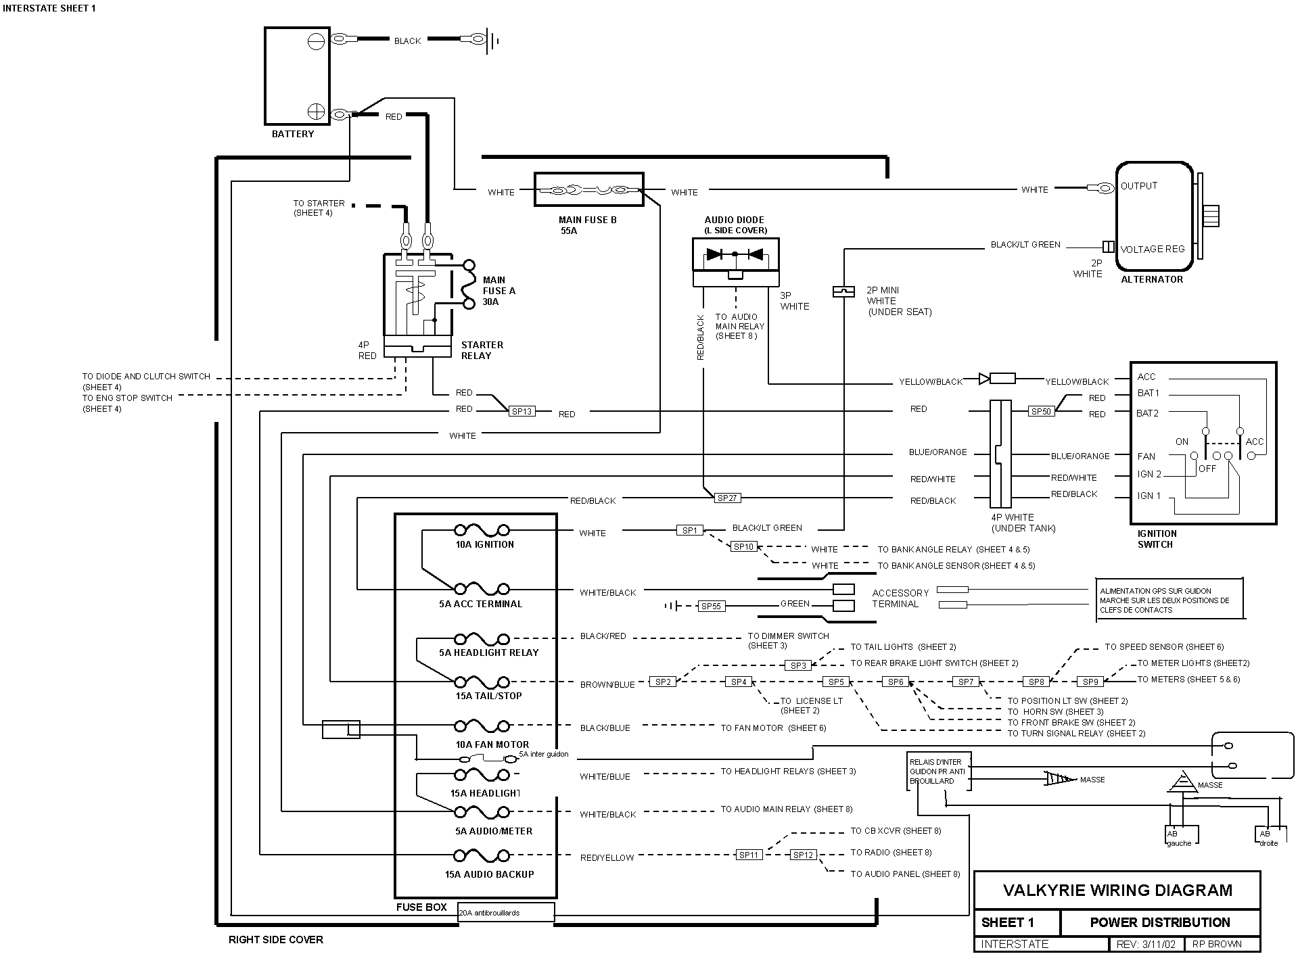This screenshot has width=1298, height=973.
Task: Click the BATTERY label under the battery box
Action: [x=293, y=134]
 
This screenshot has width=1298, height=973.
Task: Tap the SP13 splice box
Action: [x=521, y=411]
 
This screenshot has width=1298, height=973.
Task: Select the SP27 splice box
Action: [x=727, y=498]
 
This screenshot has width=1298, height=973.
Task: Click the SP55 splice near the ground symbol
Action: [x=711, y=607]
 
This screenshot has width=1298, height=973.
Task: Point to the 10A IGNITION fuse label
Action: [x=484, y=544]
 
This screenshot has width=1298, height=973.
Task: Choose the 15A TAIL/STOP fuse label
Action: [x=488, y=696]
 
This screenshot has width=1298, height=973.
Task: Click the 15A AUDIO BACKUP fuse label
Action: [x=489, y=874]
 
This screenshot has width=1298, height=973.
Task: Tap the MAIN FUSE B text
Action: [x=587, y=220]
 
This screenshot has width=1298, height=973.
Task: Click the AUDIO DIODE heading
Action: [x=734, y=220]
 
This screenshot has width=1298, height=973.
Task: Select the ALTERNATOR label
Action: [x=1152, y=279]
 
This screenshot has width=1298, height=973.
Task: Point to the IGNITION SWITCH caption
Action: [x=1157, y=539]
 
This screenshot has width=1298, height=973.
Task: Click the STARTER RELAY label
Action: [x=482, y=350]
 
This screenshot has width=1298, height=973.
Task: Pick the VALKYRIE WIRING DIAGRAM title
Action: [x=1117, y=891]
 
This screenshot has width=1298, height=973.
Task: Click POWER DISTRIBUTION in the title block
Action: [x=1159, y=923]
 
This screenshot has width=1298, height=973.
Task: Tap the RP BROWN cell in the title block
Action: [x=1216, y=944]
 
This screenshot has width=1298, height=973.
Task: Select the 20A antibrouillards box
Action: [x=506, y=913]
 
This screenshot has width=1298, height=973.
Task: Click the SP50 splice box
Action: [x=1040, y=411]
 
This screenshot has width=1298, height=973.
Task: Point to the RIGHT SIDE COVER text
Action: [x=275, y=940]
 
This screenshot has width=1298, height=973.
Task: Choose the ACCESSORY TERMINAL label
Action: [x=900, y=598]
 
